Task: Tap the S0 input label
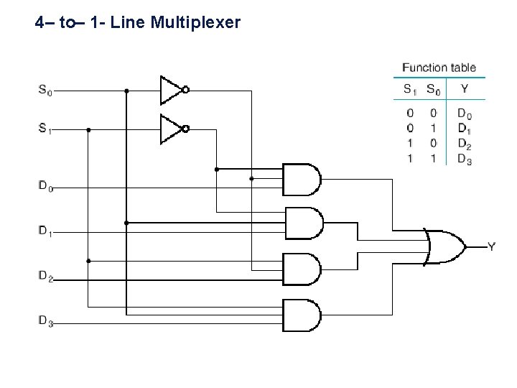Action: click(x=45, y=91)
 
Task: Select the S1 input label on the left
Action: click(x=45, y=130)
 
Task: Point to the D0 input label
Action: click(x=45, y=188)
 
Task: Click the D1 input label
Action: click(x=45, y=232)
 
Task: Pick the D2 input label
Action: click(x=45, y=275)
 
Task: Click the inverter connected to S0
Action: click(x=172, y=90)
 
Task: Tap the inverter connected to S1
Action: click(x=172, y=129)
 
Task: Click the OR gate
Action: click(x=444, y=246)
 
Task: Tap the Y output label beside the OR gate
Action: click(x=491, y=247)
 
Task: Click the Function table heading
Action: click(x=439, y=68)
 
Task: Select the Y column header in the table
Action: click(x=465, y=90)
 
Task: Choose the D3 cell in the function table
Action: click(x=465, y=160)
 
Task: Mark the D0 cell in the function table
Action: click(x=465, y=113)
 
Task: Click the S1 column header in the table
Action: click(x=409, y=90)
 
